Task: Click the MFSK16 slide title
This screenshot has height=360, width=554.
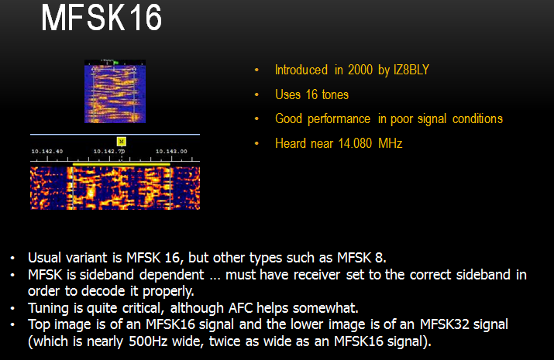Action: coord(102,18)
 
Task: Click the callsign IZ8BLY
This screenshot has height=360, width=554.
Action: coord(411,70)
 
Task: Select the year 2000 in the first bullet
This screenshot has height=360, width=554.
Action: coord(360,70)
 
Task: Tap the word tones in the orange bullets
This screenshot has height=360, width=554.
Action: coord(335,94)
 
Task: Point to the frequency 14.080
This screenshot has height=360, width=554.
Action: coord(355,143)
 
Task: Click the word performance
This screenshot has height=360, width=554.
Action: coord(339,119)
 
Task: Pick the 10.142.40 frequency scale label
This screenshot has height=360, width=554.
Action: coord(47,152)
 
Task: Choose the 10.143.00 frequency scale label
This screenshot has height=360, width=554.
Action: coord(171,152)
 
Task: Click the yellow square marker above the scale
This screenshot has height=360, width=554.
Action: coord(121,142)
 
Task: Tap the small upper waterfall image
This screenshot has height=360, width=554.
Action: coord(115,91)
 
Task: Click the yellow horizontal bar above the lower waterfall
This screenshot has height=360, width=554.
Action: coord(121,164)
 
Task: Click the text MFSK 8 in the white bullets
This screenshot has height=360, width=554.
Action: coord(360,258)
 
